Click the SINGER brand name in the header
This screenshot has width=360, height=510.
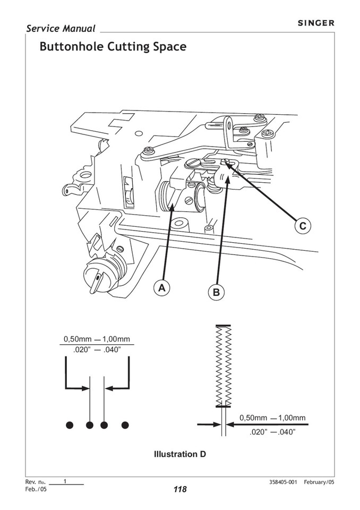[315, 23]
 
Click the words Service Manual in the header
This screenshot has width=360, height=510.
[61, 29]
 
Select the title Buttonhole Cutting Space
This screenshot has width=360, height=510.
[113, 47]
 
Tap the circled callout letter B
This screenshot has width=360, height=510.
[216, 292]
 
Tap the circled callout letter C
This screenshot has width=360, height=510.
[302, 226]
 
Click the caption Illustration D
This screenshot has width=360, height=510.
[179, 454]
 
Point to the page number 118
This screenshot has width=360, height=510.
[179, 489]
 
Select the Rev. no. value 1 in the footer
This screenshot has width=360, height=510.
[64, 481]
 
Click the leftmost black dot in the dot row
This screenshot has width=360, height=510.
[68, 424]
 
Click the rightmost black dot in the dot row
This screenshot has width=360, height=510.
[125, 424]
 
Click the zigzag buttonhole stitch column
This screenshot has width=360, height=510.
[222, 365]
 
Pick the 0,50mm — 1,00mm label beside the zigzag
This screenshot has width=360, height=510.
[272, 418]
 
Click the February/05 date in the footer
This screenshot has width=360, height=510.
[319, 482]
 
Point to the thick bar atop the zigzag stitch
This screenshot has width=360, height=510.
[222, 325]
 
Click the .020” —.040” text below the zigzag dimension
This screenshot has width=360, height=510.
[272, 432]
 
